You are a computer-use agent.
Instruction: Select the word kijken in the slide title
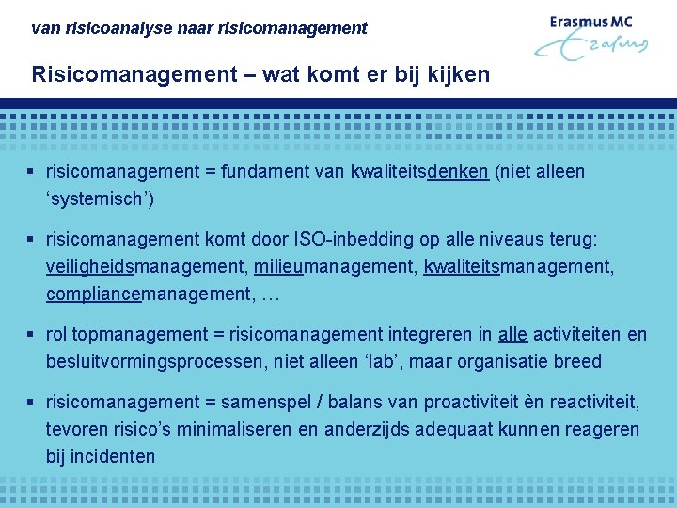(x=460, y=74)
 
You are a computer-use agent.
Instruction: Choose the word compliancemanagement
(x=150, y=294)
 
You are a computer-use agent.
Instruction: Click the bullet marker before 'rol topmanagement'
(x=32, y=335)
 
